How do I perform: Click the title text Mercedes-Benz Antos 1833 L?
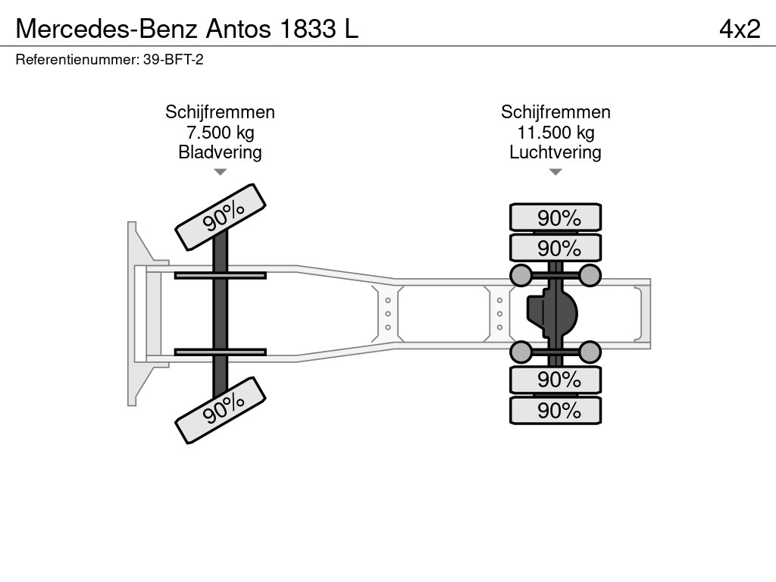click(187, 28)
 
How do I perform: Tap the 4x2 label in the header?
click(740, 28)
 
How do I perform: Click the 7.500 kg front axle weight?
click(220, 133)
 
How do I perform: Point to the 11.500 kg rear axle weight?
click(555, 133)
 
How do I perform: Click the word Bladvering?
click(220, 152)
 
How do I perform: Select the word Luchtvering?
click(555, 152)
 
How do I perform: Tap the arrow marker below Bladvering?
click(220, 172)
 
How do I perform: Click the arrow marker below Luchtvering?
click(555, 172)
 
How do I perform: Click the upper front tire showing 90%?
click(221, 216)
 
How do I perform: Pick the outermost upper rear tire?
click(555, 217)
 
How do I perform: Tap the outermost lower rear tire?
click(555, 411)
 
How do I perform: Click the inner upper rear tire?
click(555, 248)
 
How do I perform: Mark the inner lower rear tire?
click(555, 379)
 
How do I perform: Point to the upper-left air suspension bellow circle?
click(521, 275)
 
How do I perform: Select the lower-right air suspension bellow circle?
click(590, 351)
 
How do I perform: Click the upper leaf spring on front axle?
click(220, 275)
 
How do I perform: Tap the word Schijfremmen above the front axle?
click(220, 112)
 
